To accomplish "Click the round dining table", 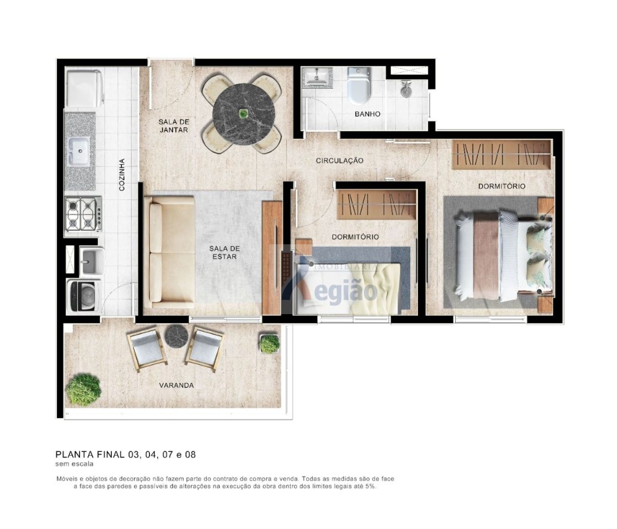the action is pos(242,114).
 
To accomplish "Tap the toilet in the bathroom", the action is pos(359,85).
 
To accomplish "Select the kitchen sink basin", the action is pos(79,151).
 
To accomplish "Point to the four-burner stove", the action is pos(83,214).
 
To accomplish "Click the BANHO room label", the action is pos(368,114).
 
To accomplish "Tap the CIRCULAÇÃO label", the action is pos(340,160).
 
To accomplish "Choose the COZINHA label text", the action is pos(122,175).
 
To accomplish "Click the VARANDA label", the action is pos(176,385).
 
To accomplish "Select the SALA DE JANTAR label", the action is pos(174,126).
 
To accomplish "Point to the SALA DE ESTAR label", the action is pos(224,252).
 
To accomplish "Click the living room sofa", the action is pos(170,252).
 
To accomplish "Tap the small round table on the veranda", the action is pos(176,336).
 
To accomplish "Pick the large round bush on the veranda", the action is pos(83,390).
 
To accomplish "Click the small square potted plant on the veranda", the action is pos(270,343).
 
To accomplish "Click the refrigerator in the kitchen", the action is pos(84,88).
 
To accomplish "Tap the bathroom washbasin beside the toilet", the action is pos(319,76).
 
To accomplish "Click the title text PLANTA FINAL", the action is pos(90,455).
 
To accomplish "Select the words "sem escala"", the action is pos(74,464).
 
